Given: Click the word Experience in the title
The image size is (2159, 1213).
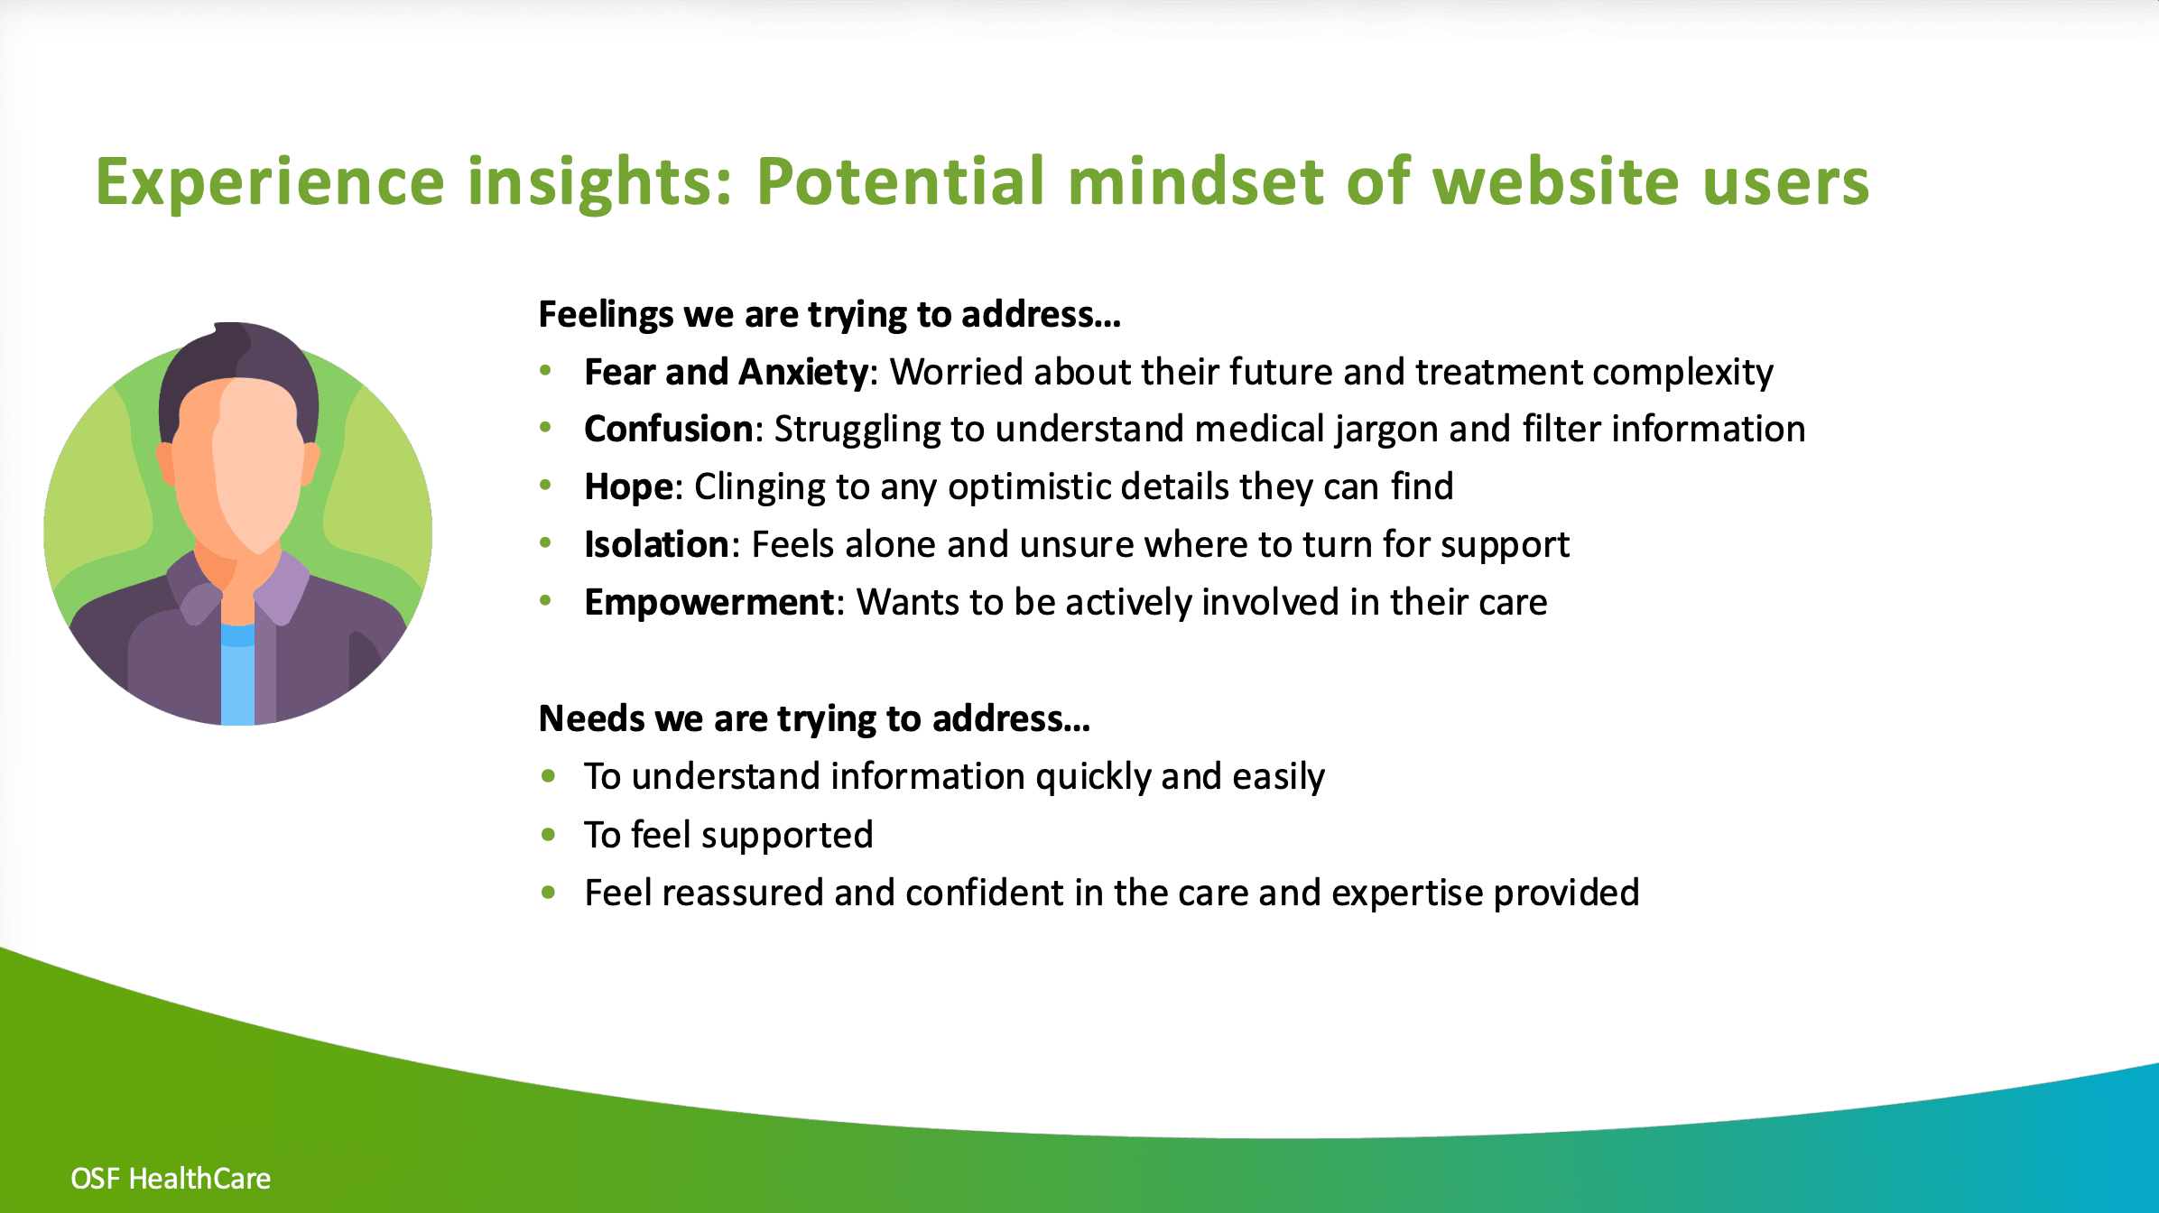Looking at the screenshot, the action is [x=271, y=183].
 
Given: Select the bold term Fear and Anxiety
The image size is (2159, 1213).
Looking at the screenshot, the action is [x=727, y=372].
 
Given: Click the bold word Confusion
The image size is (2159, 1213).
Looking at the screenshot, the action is [x=669, y=429].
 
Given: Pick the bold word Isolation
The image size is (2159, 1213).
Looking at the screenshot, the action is [x=657, y=544].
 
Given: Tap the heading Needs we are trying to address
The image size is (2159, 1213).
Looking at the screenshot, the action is [x=815, y=719].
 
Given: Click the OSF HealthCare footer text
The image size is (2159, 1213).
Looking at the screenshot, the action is [x=171, y=1179].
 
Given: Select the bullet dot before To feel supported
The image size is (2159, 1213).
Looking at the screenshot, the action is [x=548, y=835].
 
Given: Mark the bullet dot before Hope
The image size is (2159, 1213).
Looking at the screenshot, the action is [x=545, y=486].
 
